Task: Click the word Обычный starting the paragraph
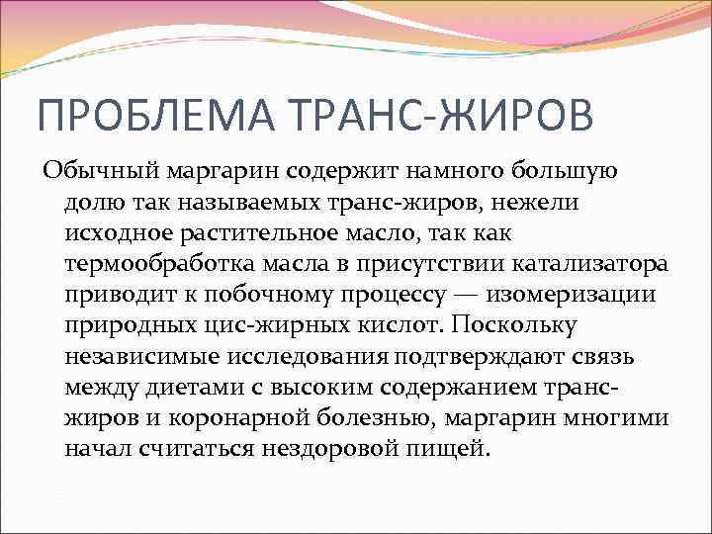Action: click(90, 170)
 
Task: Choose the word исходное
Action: click(115, 232)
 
